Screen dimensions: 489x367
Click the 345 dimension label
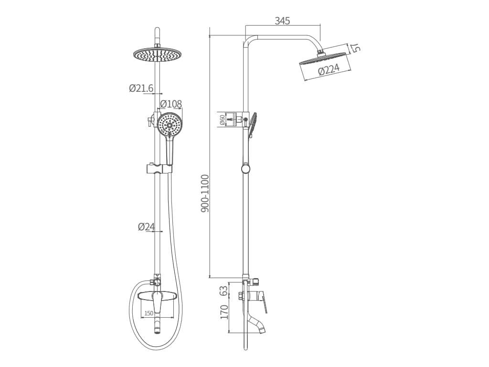[282, 21]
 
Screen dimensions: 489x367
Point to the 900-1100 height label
[205, 194]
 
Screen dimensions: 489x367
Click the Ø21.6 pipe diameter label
[141, 88]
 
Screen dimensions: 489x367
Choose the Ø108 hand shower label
[171, 104]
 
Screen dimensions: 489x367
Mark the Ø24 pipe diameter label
[146, 227]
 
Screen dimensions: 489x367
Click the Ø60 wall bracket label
[222, 120]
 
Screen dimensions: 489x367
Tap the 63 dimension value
[224, 291]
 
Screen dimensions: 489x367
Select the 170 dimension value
[224, 312]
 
